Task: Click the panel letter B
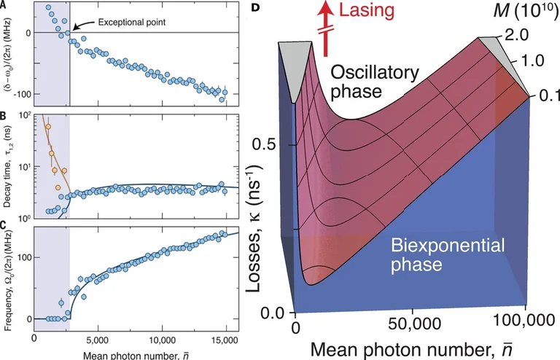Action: click(x=5, y=116)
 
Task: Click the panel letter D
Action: click(x=254, y=7)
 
